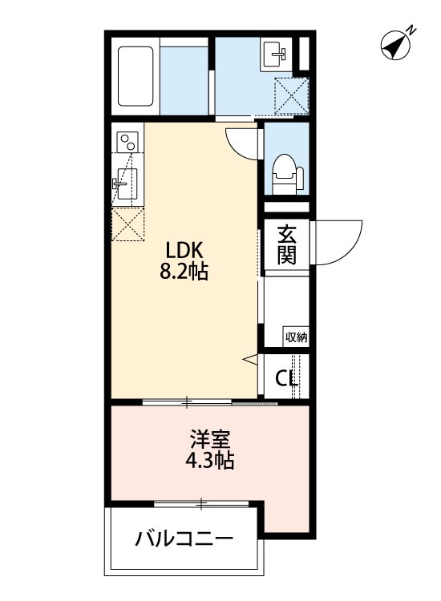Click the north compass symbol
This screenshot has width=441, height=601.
396,46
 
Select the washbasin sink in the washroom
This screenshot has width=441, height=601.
274,55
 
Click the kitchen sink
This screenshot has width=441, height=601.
126,182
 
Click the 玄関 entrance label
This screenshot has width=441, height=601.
288,245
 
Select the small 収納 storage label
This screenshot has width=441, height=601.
296,337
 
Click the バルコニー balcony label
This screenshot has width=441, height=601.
184,537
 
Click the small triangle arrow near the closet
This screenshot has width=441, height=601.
249,360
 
